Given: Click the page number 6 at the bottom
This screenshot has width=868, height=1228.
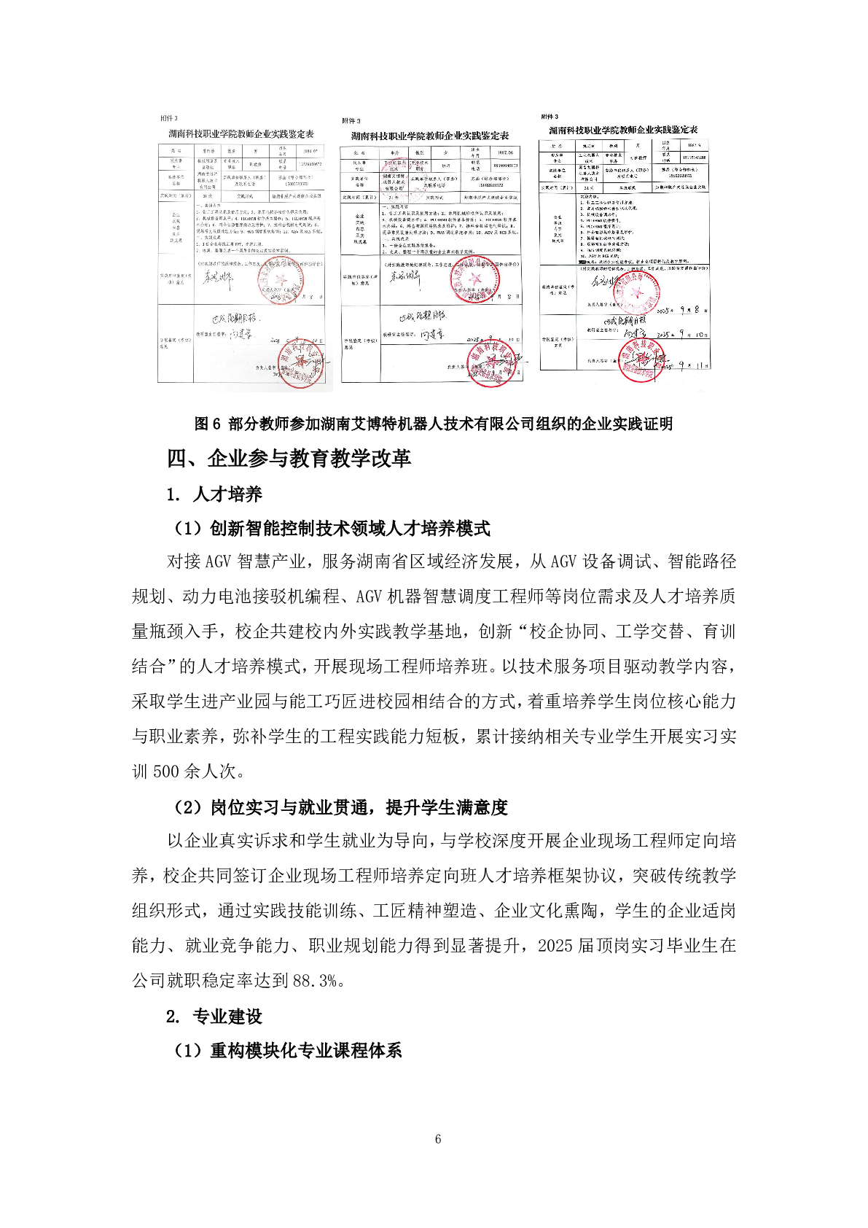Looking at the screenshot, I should point(437,1139).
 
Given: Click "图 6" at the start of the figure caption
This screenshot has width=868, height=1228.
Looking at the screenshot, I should point(207,424).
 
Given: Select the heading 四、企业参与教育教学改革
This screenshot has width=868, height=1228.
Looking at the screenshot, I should point(289,458).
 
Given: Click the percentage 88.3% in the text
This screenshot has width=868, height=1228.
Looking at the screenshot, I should point(318,980).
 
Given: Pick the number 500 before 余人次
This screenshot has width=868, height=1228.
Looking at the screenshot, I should point(167,771).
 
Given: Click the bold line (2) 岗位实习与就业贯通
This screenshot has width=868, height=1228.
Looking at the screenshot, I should point(340,807).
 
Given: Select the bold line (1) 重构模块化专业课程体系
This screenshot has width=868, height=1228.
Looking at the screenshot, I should point(288,1050).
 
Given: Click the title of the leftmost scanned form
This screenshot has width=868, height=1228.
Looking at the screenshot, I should point(241,134).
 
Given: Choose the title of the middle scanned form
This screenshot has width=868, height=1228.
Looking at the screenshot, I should point(430,136).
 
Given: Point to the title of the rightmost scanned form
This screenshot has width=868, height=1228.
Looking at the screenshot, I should point(623,130).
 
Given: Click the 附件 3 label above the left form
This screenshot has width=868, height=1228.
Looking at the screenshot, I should point(168,118).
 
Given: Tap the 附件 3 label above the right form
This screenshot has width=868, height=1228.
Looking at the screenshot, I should point(550,117).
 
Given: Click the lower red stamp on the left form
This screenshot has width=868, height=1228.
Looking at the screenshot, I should point(300,365).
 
